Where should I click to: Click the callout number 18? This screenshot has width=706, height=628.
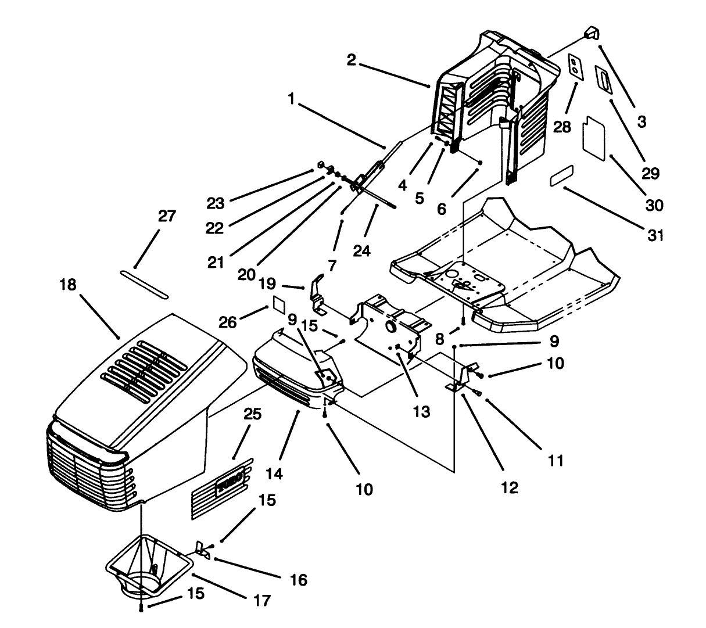click(69, 285)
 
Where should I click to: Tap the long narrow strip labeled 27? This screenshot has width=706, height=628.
click(144, 283)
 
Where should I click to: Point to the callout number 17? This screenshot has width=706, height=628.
click(262, 600)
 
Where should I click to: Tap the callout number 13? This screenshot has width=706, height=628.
click(422, 412)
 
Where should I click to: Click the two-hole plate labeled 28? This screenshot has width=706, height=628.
click(574, 66)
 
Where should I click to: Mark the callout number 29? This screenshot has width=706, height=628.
click(651, 173)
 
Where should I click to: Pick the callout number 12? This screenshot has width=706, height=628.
click(510, 487)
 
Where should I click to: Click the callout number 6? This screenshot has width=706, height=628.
click(442, 208)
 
